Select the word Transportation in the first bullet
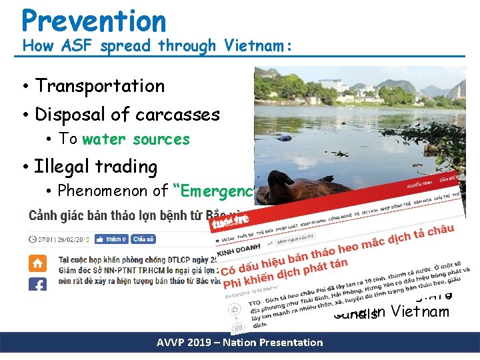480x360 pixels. (100, 86)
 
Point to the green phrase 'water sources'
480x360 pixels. (136, 139)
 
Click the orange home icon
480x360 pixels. (37, 263)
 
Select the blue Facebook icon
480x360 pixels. (37, 284)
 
